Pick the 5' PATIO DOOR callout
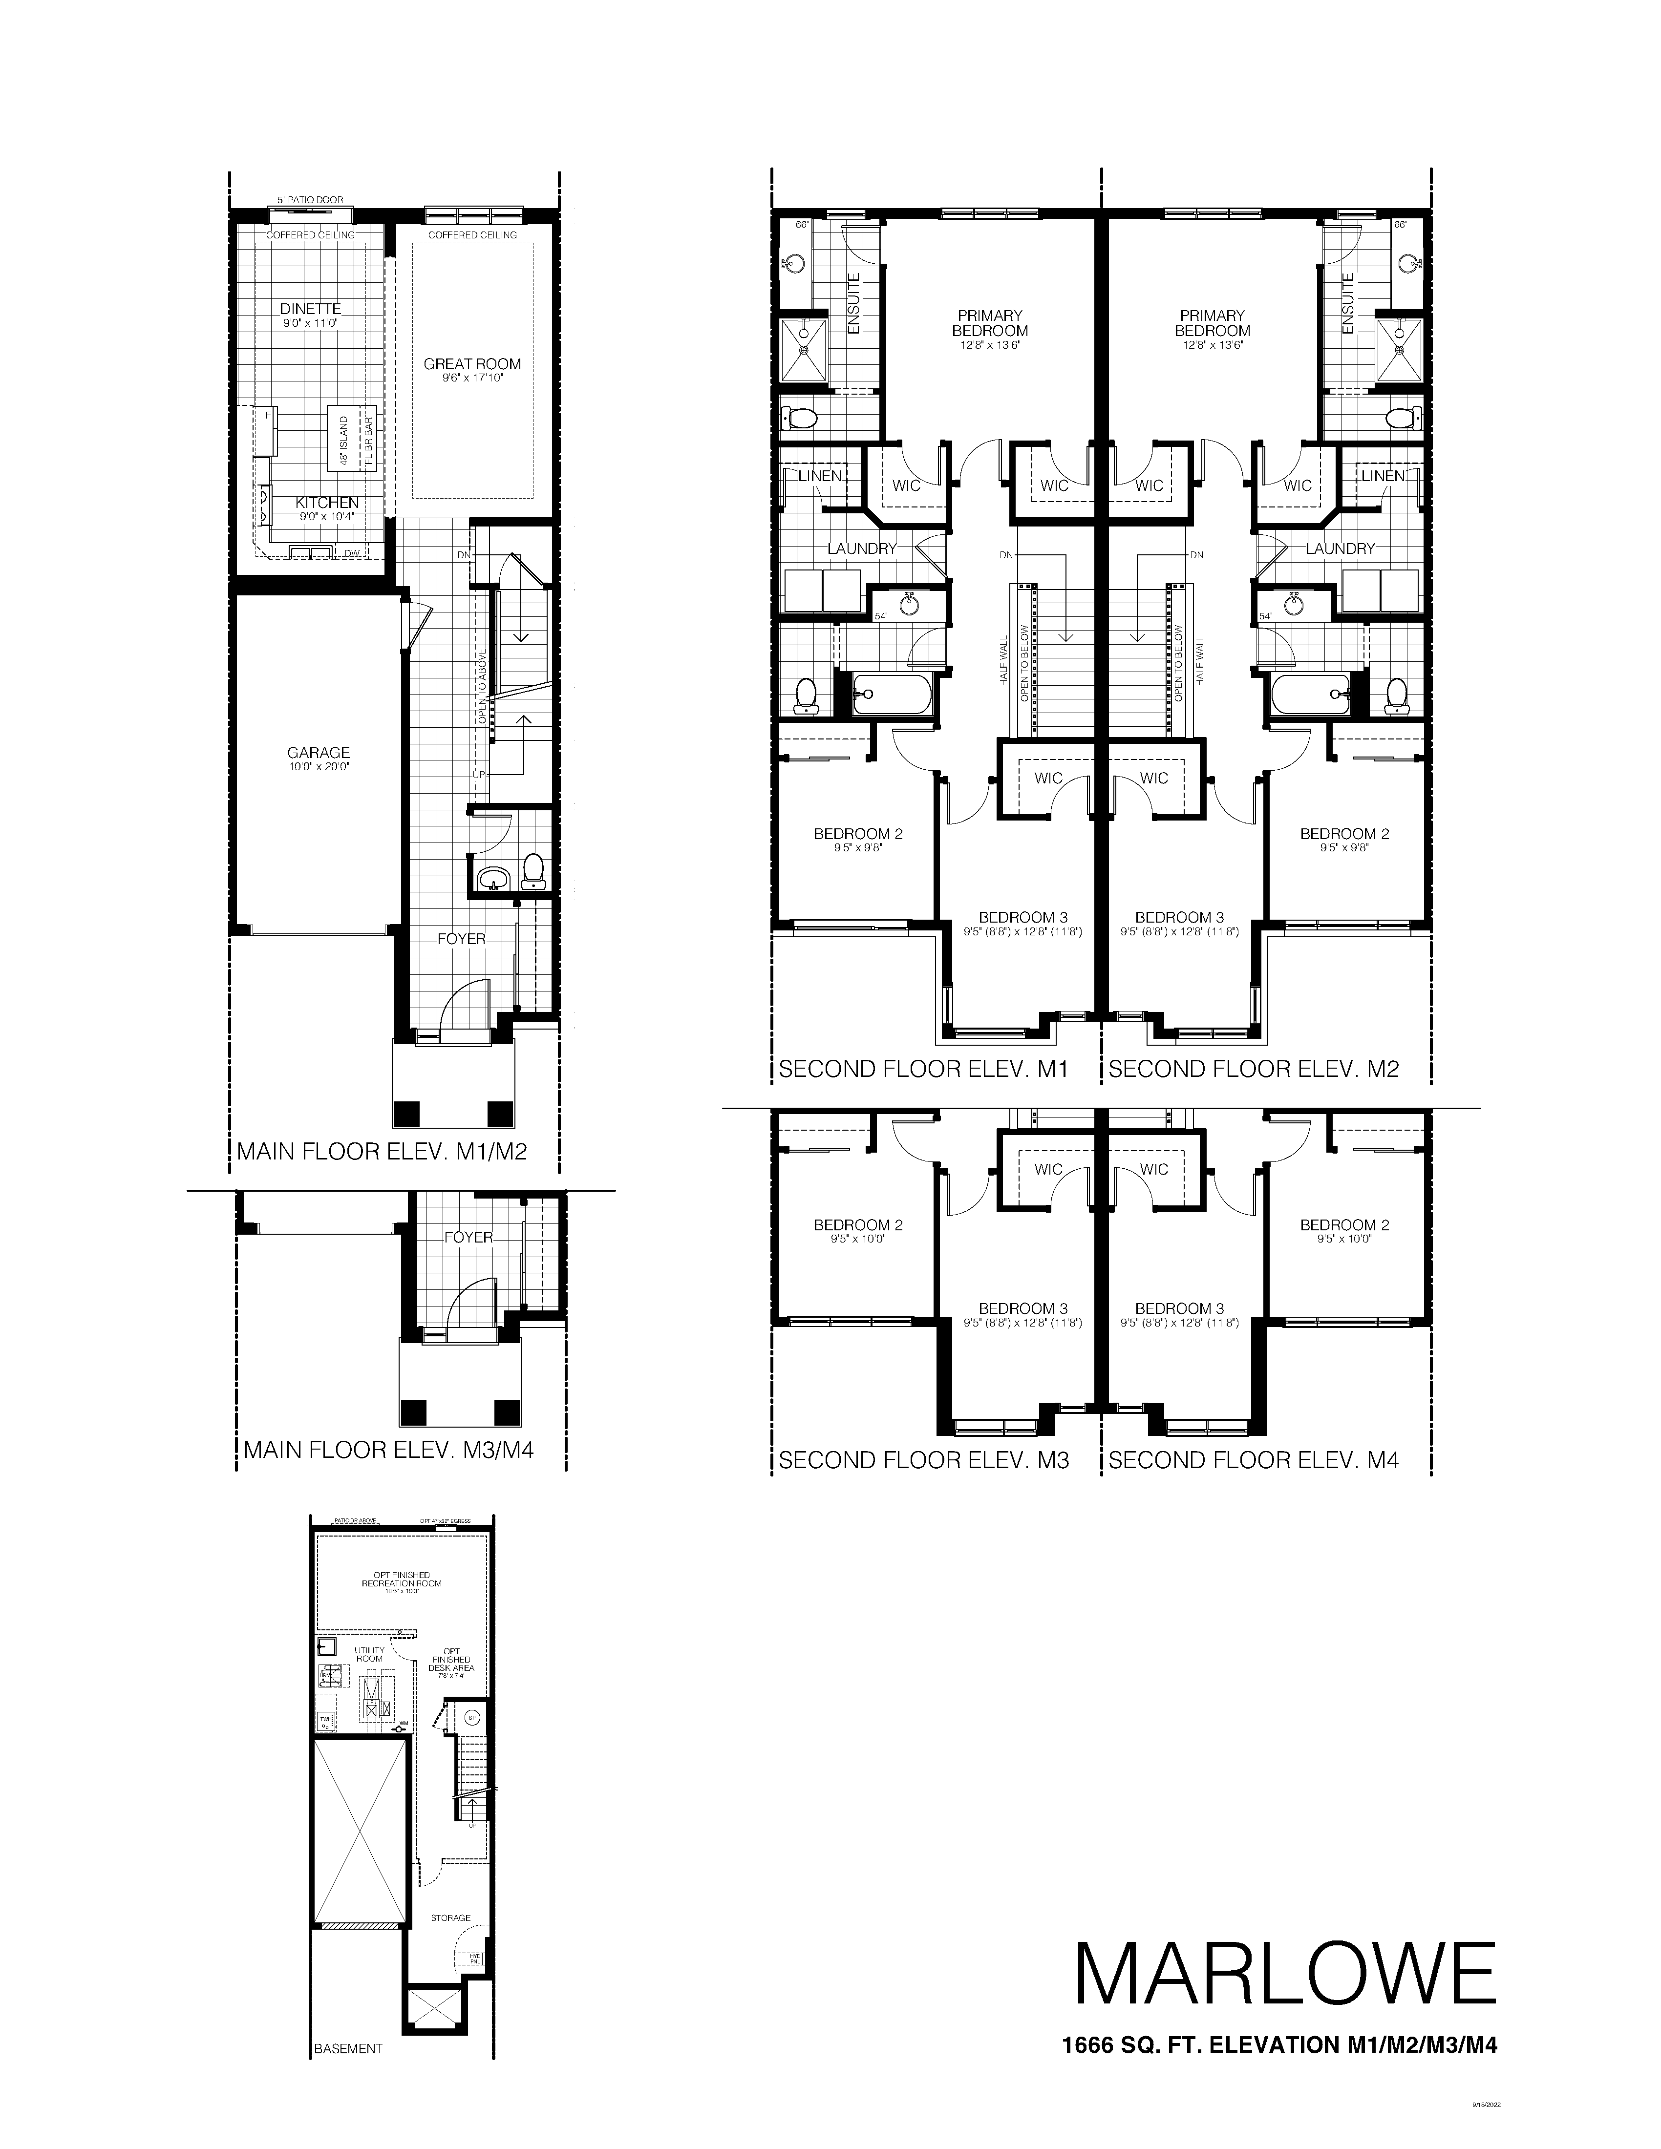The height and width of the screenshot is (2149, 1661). coord(310,200)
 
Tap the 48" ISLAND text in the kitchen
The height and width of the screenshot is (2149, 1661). coord(343,441)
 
